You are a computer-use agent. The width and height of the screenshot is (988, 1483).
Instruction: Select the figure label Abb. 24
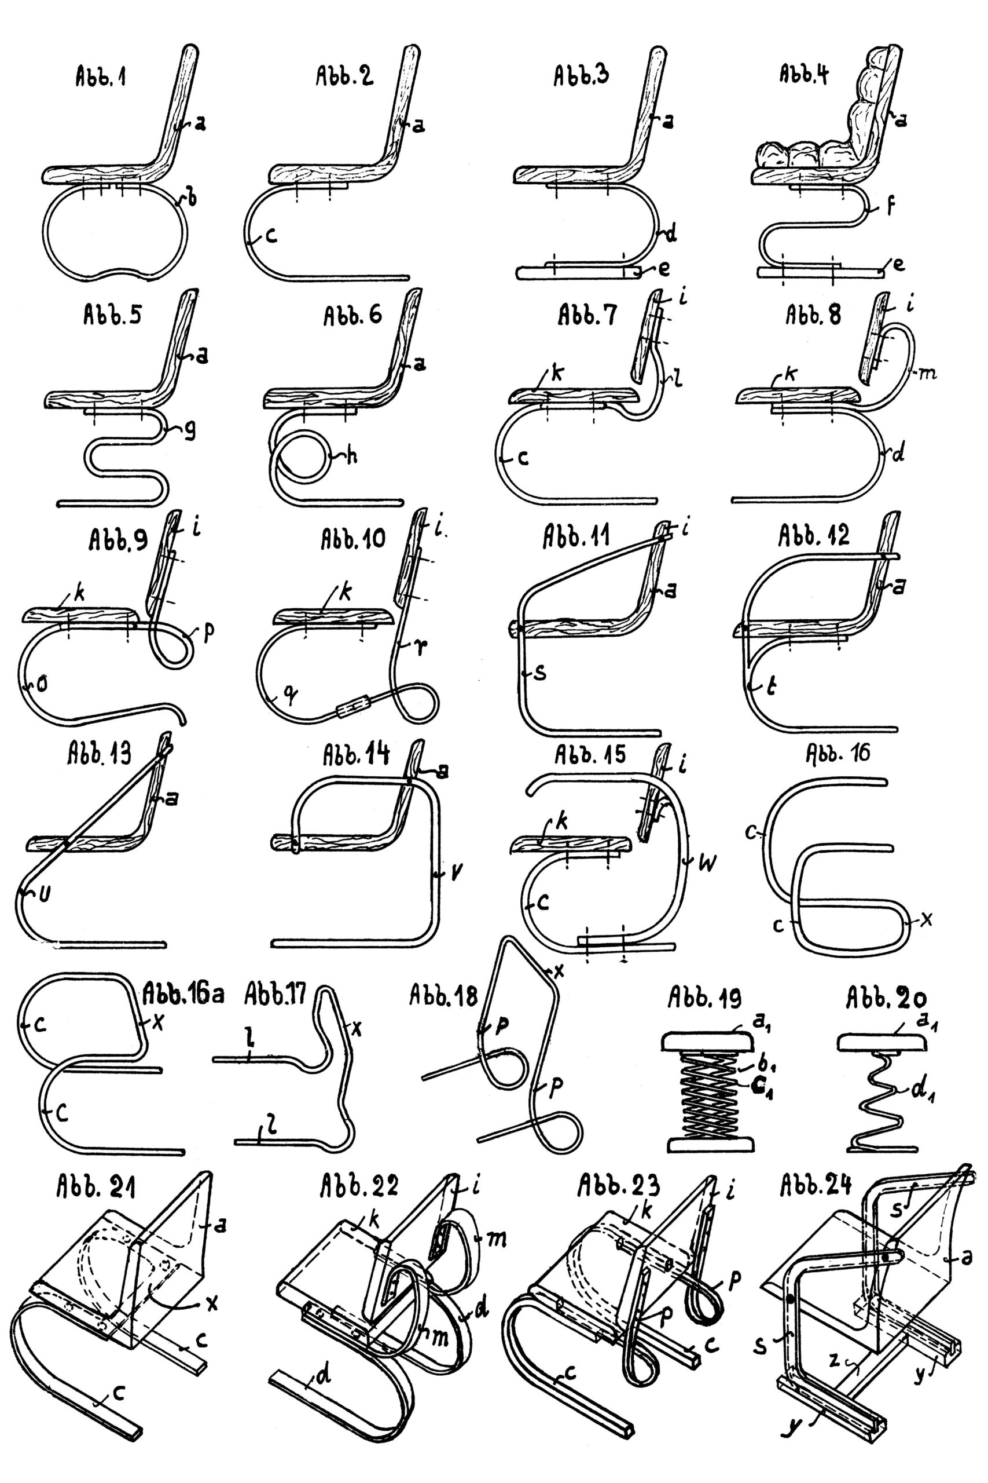point(816,1185)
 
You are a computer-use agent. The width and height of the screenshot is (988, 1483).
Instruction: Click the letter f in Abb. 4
point(890,206)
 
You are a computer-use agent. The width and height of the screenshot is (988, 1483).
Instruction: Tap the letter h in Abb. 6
point(351,455)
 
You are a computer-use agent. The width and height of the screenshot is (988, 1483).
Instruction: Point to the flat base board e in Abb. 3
point(580,272)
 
